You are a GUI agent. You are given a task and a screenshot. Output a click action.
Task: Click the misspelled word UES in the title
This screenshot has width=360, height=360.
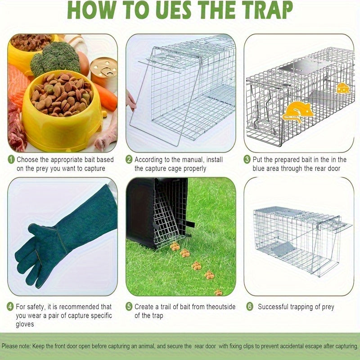pos(174,10)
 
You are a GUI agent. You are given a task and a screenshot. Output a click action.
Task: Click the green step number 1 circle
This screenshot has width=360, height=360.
pos(11,159)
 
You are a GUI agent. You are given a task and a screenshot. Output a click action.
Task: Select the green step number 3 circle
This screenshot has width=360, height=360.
pos(247,159)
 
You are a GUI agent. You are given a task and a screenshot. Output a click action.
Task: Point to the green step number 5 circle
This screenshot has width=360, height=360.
pos(129,306)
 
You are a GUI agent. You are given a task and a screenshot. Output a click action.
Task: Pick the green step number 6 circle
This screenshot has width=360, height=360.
pos(250,306)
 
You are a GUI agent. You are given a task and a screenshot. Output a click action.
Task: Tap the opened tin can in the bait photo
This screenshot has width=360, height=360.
pos(104,72)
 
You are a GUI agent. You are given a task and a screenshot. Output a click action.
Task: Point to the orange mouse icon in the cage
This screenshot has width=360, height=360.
pos(297,112)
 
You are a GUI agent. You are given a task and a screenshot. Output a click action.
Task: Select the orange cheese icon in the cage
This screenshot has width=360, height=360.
pos(343,88)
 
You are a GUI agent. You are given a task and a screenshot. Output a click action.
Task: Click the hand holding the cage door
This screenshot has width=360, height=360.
pos(130,100)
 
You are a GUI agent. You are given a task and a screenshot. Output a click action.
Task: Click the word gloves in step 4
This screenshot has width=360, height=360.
pos(25,324)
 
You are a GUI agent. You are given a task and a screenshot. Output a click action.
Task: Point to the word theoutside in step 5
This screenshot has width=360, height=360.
pos(221,307)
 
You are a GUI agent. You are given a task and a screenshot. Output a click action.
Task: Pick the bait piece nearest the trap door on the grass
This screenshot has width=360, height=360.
pos(175,247)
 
